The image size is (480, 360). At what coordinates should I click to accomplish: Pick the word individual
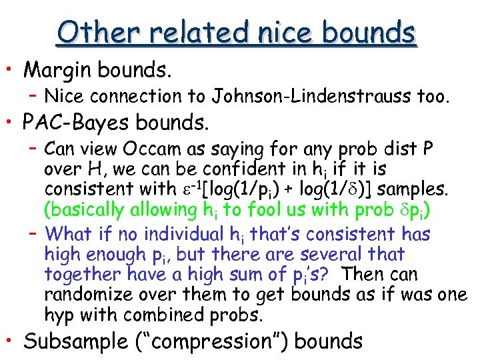coord(201,234)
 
